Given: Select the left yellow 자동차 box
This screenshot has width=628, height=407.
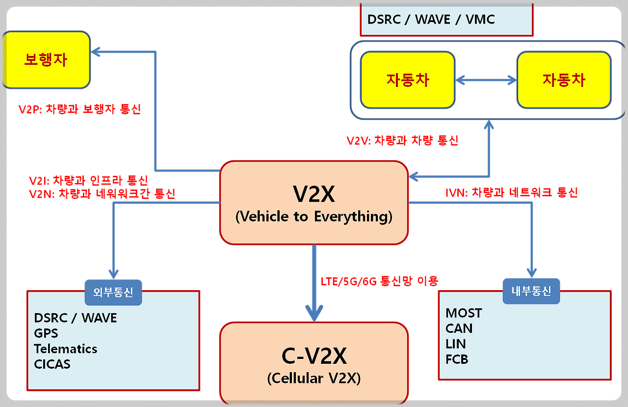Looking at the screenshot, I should point(408,80).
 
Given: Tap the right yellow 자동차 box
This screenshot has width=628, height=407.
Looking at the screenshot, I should point(564,80).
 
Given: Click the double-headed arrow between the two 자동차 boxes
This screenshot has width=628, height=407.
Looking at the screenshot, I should point(486,80).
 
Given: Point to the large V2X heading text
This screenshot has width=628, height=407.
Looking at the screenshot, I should point(314,195).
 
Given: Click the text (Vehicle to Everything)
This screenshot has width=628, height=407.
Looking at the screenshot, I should point(314,217).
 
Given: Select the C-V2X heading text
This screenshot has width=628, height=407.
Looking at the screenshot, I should point(314,356).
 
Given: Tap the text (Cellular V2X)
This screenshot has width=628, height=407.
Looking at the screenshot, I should point(314,378).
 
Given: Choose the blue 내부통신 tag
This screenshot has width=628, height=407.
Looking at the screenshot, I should point(531,291).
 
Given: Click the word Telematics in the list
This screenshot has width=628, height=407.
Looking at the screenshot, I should point(66,349).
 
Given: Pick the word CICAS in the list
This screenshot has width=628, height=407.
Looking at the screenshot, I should point(52,364).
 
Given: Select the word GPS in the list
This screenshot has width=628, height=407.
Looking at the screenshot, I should point(46,333).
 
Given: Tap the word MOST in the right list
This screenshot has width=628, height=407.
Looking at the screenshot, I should point(464,313).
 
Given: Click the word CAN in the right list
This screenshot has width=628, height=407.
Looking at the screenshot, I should point(459,328).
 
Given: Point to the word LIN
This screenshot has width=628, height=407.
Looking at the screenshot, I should point(456,344).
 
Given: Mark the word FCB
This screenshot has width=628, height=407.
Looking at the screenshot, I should point(457,359).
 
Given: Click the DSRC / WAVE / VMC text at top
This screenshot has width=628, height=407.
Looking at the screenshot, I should point(431,20).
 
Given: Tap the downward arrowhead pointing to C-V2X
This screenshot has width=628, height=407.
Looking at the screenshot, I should point(314,312).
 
